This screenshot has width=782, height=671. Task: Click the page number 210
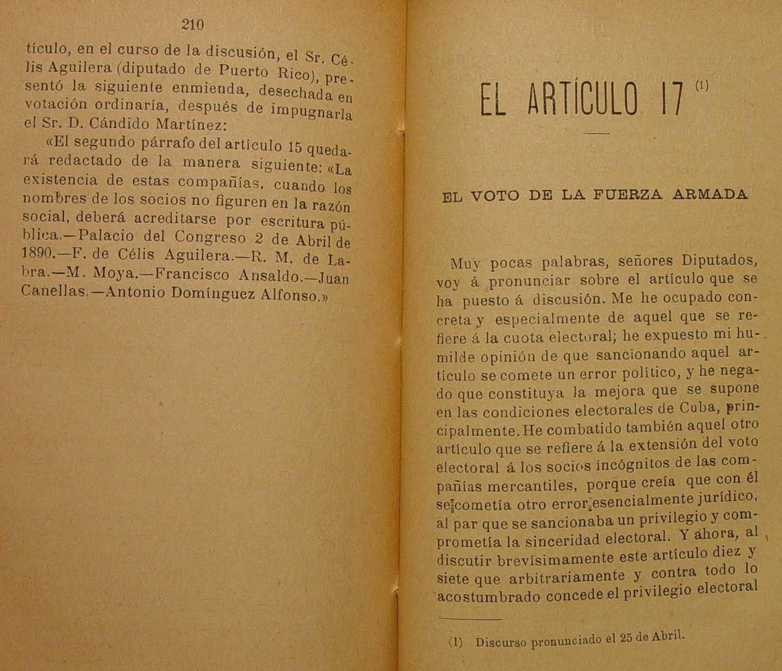[x=193, y=25]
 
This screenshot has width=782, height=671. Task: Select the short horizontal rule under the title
[x=597, y=134]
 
